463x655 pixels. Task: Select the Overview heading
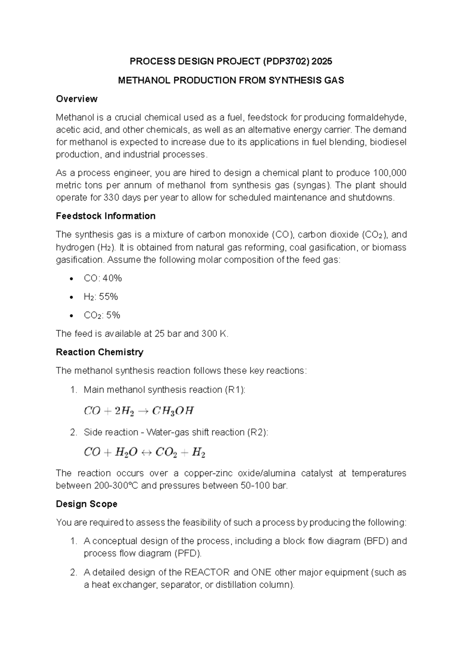click(76, 99)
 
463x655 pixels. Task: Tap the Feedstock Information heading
click(105, 216)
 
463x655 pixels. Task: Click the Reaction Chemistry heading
click(99, 352)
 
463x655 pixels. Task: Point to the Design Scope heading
click(86, 504)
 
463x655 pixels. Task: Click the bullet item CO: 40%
click(103, 278)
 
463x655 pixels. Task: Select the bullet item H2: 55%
click(101, 297)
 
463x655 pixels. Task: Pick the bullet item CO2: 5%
click(102, 316)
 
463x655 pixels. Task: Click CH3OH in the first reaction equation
click(172, 411)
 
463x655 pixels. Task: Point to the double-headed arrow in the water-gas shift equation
click(146, 452)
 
